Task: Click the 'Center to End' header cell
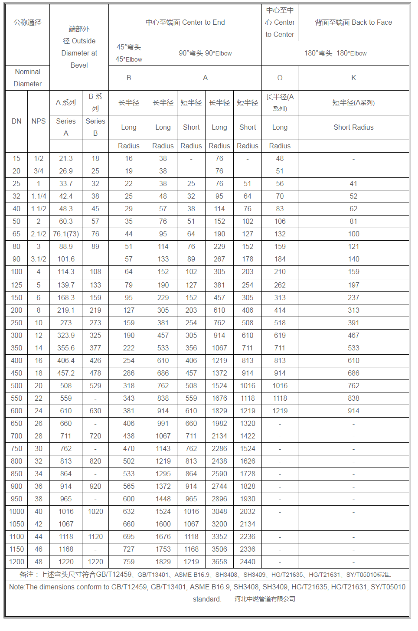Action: (185, 23)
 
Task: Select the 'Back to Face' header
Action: (353, 23)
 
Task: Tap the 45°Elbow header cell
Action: (129, 53)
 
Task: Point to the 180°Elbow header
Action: (335, 53)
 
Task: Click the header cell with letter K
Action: (353, 78)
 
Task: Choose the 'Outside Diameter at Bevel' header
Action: (79, 47)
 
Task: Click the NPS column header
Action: (39, 121)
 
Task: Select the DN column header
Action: (16, 121)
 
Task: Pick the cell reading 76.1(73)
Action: (66, 234)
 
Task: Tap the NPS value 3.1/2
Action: (39, 259)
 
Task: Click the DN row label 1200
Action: (16, 562)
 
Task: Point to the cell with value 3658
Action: (219, 562)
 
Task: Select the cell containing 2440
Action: (248, 562)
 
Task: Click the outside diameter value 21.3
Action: (66, 159)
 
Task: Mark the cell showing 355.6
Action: (66, 348)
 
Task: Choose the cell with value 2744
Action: (219, 487)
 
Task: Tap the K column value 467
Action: (353, 336)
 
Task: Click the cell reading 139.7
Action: (66, 285)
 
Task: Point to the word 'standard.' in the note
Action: (207, 599)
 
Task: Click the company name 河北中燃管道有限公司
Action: (265, 599)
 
